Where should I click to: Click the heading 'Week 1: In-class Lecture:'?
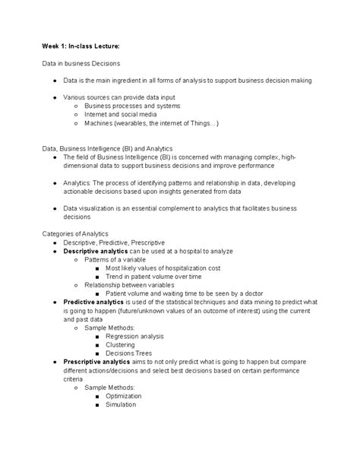click(81, 46)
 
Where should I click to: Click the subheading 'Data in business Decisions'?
click(81, 63)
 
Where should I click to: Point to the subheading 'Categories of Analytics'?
click(75, 233)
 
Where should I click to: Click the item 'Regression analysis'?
click(135, 336)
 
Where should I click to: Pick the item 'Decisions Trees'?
click(129, 353)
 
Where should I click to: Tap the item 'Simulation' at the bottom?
click(122, 404)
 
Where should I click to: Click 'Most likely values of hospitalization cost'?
click(163, 268)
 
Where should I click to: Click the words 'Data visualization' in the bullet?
click(92, 208)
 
